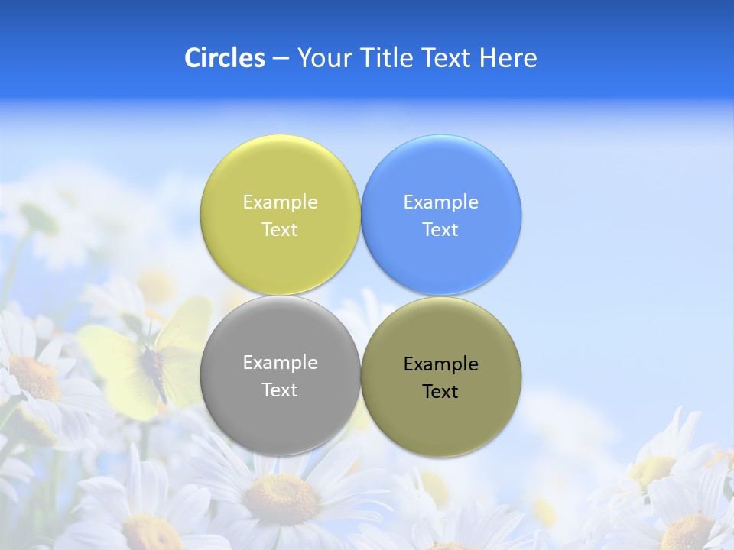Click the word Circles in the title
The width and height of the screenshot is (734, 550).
point(224,58)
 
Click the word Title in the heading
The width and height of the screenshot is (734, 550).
point(386,58)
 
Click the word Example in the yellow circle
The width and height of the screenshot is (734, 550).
point(280,202)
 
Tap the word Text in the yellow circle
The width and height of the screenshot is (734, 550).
point(280,229)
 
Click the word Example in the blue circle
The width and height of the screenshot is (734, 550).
point(441,202)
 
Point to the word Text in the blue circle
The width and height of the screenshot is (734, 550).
point(441,229)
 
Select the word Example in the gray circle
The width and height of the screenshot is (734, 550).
point(280,362)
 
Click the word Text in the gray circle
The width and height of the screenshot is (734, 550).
point(280,390)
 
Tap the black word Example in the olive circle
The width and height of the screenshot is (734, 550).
point(441,364)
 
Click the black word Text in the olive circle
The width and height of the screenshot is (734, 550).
point(441,391)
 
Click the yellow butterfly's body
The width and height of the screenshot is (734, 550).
point(155,370)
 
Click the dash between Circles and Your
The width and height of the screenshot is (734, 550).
point(281,59)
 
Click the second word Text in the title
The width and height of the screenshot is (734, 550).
point(447,58)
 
